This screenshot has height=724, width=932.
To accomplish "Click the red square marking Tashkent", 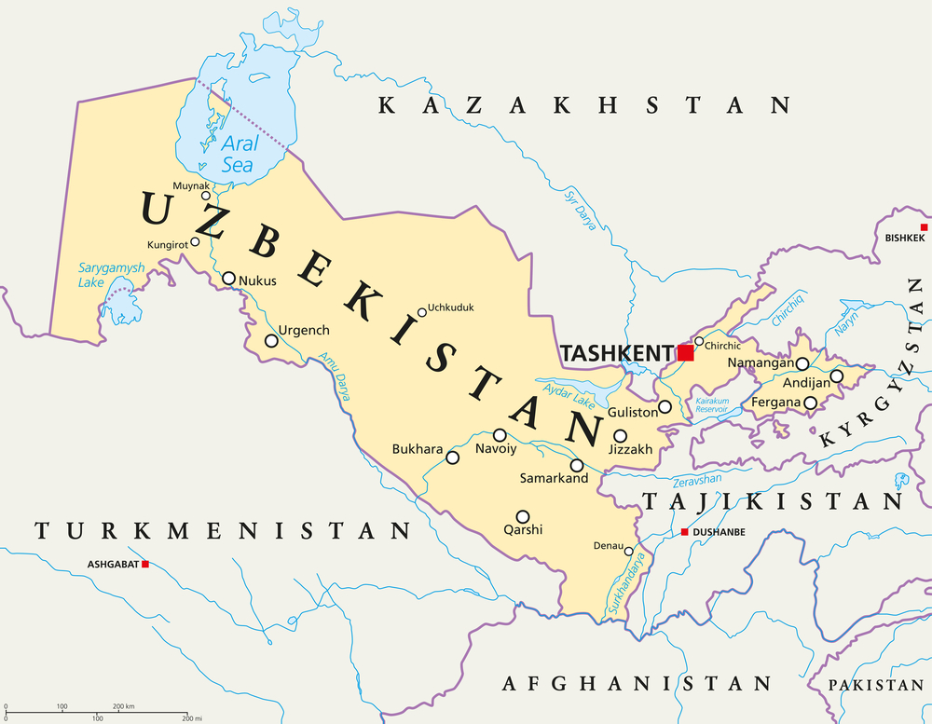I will tap(686, 352).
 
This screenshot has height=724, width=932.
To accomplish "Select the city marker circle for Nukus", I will tap(228, 278).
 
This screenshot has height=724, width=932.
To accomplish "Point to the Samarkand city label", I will tap(555, 479).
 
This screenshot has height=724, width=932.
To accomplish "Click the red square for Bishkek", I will tap(924, 227).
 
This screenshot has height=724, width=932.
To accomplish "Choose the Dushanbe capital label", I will tap(720, 533).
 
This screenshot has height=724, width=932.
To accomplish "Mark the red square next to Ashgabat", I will tap(144, 564).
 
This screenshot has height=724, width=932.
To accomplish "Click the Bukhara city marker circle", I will tap(453, 458).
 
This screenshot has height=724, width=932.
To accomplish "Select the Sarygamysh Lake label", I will tap(111, 274).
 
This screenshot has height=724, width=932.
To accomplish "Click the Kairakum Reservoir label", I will tap(711, 405).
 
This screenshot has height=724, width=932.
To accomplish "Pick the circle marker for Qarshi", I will tap(523, 516).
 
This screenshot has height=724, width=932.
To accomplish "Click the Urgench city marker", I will tap(271, 341).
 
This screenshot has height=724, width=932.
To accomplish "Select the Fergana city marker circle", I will tap(811, 403).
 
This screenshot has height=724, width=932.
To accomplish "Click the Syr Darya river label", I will tap(578, 210).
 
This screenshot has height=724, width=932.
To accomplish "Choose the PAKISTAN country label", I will tap(879, 685).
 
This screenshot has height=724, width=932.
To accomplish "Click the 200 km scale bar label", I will tap(124, 707).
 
